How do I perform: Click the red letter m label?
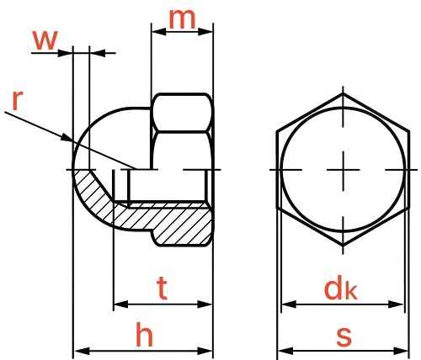(x=182, y=19)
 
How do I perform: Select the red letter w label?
(x=45, y=40)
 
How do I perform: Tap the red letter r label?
(x=18, y=101)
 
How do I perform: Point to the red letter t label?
(x=162, y=288)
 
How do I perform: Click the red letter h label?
(x=144, y=335)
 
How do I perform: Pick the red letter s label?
(x=344, y=336)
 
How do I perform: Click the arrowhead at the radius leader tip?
(x=67, y=137)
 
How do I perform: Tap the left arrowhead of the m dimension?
(x=158, y=31)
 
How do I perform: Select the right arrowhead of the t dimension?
(x=205, y=304)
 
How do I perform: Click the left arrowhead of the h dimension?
(x=82, y=351)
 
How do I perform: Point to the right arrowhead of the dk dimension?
(x=397, y=304)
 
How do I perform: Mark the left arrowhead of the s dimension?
(x=285, y=351)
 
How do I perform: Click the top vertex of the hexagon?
(x=343, y=93)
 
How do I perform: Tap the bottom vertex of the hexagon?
(x=343, y=246)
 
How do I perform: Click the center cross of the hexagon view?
(x=343, y=170)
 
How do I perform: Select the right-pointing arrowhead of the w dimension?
(x=65, y=53)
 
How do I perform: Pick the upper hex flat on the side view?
(x=183, y=112)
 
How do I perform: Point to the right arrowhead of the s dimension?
(x=402, y=351)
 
